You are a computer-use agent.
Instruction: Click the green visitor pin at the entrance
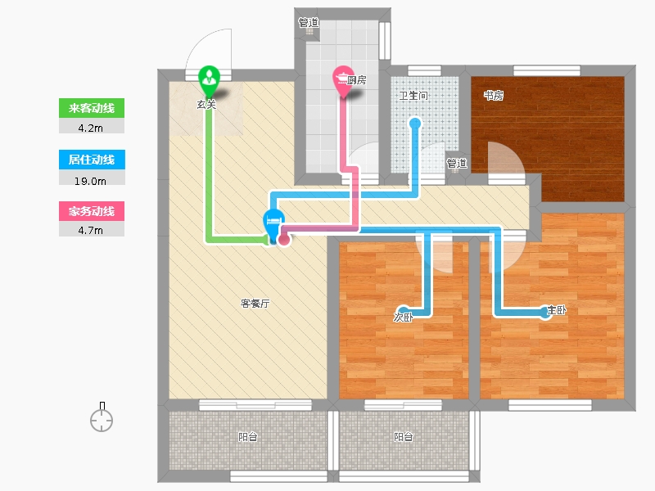pos(209,80)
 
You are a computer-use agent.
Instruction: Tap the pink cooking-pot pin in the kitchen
pos(343,80)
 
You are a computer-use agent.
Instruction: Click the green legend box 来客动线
pos(92,108)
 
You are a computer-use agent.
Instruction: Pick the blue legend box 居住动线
pos(92,160)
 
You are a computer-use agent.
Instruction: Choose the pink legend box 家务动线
pos(92,211)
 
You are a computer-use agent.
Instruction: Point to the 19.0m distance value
pos(90,181)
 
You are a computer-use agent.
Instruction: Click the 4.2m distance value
pos(91,128)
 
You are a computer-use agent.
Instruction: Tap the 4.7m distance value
pos(91,230)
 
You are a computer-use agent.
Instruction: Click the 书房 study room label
pos(494,96)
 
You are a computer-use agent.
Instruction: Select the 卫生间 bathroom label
pos(413,96)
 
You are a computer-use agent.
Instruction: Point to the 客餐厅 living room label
pos(255,304)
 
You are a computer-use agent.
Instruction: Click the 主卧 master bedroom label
pos(557,310)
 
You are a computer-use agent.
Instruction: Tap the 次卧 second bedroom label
pos(403,318)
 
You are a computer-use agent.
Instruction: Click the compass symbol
pos(102,417)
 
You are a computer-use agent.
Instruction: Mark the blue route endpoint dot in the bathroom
pos(415,124)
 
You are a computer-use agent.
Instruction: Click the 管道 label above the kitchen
pos(309,22)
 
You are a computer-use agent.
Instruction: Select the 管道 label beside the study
pos(457,163)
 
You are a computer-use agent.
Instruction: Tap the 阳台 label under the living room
pos(248,437)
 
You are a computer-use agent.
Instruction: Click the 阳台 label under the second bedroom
pos(404,437)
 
